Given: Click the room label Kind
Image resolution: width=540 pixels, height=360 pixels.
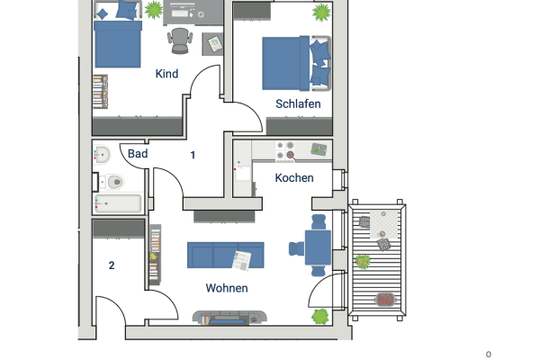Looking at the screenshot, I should (166, 74).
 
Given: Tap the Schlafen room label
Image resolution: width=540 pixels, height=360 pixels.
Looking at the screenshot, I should (298, 104).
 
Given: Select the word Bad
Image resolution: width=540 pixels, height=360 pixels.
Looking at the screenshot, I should (137, 154).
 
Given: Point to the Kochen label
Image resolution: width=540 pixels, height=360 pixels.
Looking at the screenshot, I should (294, 177).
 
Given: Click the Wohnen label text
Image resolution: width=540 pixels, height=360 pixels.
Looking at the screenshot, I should (226, 288).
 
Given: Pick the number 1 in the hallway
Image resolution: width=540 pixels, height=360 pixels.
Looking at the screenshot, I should (193, 155).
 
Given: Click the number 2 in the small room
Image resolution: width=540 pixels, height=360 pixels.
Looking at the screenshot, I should (112, 265).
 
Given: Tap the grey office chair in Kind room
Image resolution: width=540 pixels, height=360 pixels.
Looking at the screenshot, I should (180, 39).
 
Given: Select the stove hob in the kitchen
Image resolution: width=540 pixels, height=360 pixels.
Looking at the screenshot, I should (286, 150).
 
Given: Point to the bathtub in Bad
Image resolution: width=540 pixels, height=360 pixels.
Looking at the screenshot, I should (118, 204).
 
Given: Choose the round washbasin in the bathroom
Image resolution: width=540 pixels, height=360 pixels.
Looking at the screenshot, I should (101, 155).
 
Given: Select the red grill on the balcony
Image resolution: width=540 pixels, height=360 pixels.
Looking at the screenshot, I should (386, 299).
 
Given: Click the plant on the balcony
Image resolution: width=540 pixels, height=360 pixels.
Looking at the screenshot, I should (363, 262).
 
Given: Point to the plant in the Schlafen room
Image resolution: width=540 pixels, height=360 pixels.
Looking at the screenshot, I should (320, 13).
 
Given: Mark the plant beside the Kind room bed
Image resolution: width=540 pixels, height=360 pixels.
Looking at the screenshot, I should (154, 10).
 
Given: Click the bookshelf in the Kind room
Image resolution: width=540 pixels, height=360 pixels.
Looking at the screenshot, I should (101, 90).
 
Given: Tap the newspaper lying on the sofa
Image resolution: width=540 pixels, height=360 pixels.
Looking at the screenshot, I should (240, 259).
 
